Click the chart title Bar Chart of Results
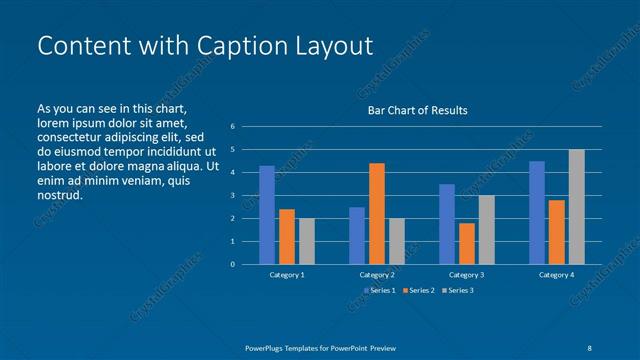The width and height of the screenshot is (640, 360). point(417,110)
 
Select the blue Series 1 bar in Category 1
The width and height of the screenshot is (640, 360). point(267,215)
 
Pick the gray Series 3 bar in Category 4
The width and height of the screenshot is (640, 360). point(576,207)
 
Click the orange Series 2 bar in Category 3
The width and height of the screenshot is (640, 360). point(466,243)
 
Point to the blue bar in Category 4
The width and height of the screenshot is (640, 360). point(537,212)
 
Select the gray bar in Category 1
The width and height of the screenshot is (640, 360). point(306,241)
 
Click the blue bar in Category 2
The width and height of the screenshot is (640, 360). point(357,235)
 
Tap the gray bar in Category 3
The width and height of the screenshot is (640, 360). point(486,229)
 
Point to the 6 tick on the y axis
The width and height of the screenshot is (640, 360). point(232,126)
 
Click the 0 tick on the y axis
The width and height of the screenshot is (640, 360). point(232,264)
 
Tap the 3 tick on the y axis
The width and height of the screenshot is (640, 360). point(232,195)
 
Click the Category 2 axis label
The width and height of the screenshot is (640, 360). point(377,274)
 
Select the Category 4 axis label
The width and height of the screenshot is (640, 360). point(556,274)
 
